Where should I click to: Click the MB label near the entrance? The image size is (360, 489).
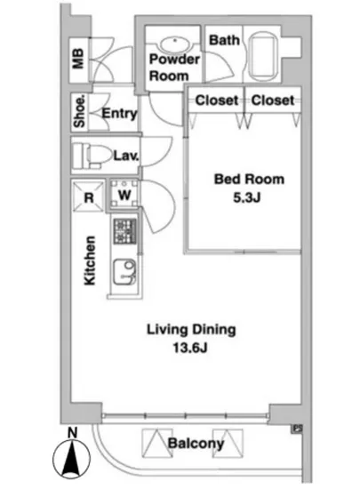(x=78, y=59)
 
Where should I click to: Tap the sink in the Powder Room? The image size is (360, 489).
(x=175, y=44)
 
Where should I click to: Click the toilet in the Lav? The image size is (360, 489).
(x=92, y=156)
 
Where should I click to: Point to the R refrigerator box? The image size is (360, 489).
(x=89, y=196)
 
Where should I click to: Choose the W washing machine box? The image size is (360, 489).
(x=124, y=194)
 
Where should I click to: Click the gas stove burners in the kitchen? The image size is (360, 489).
(x=124, y=231)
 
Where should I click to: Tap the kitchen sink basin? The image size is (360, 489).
(x=124, y=271)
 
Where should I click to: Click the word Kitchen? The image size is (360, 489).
(x=90, y=261)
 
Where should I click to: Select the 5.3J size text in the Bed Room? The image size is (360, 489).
(x=246, y=197)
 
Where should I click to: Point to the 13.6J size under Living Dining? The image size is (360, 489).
(x=190, y=348)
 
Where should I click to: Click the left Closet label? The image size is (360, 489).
(x=217, y=100)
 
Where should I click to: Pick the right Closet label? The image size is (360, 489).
(x=273, y=100)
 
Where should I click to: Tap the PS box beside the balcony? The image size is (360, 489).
(x=298, y=429)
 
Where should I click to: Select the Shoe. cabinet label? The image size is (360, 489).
(x=79, y=112)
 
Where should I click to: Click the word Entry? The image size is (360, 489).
(x=119, y=113)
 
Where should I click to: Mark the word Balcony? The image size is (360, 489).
(x=196, y=444)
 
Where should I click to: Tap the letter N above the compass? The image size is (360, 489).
(x=72, y=433)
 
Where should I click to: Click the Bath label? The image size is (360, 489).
(x=224, y=40)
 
